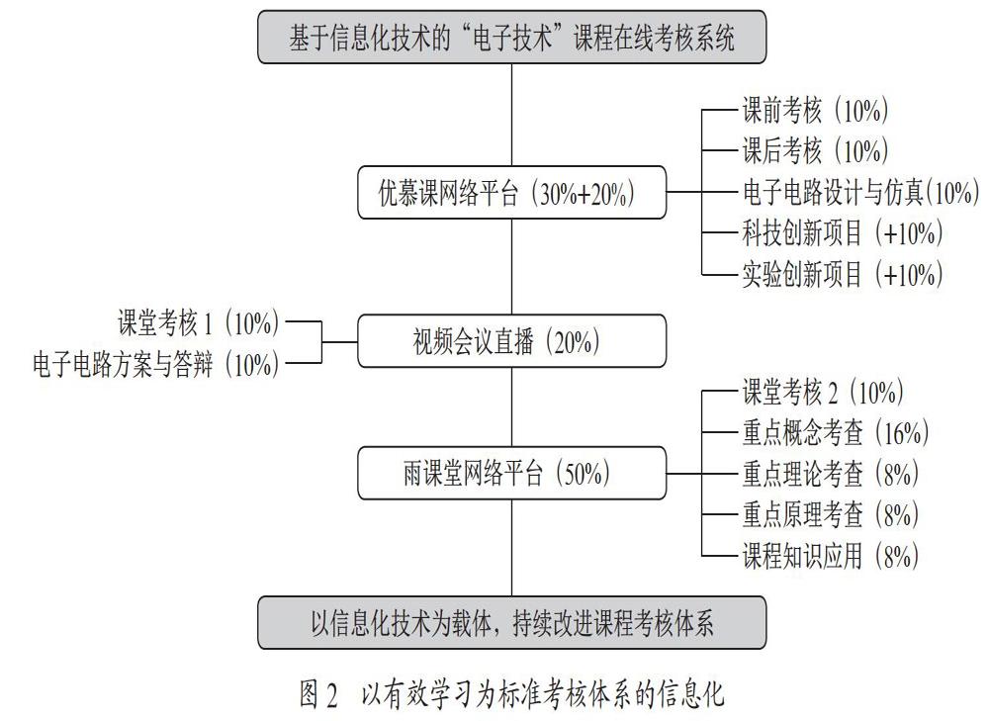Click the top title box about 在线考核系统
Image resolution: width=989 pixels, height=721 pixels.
click(x=511, y=38)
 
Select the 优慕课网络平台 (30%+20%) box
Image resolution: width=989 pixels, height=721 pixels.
click(x=511, y=193)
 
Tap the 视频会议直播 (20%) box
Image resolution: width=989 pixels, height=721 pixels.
click(x=511, y=341)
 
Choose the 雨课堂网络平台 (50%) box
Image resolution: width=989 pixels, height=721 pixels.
click(x=511, y=473)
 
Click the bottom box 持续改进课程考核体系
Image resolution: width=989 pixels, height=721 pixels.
click(x=511, y=623)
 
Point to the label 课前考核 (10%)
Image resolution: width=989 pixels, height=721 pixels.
click(x=815, y=111)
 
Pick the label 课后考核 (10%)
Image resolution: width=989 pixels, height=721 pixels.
click(x=815, y=150)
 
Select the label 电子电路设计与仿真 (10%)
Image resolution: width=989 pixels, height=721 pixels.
click(x=860, y=193)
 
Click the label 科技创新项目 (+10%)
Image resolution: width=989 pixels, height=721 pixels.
click(x=842, y=233)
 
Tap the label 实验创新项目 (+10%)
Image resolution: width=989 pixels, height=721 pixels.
click(x=842, y=274)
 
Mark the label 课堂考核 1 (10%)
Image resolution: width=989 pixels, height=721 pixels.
click(x=198, y=323)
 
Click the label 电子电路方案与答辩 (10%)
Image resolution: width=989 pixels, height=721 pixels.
click(x=156, y=364)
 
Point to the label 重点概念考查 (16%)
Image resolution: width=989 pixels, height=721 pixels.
click(x=835, y=433)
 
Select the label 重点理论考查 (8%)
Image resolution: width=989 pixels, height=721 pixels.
click(x=830, y=474)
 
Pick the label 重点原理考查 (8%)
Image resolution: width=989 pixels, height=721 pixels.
click(x=830, y=514)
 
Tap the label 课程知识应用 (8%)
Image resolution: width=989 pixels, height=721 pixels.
click(x=830, y=556)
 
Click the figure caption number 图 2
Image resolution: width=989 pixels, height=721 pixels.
click(x=318, y=694)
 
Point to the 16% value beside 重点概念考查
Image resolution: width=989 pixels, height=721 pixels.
click(x=903, y=433)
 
